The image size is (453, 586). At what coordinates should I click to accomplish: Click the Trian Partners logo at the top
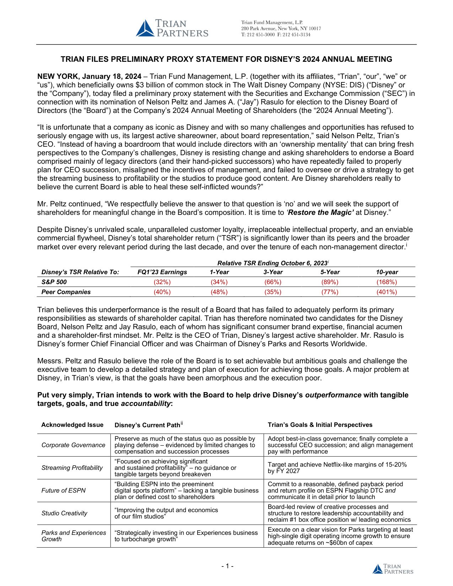pyautogui.click(x=172, y=28)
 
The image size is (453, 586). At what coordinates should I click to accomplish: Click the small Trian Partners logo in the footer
pyautogui.click(x=393, y=569)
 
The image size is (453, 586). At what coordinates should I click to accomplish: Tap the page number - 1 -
pyautogui.click(x=227, y=566)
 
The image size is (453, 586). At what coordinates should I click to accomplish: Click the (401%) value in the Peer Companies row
pyautogui.click(x=387, y=292)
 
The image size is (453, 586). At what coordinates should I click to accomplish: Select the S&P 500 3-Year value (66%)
pyautogui.click(x=273, y=282)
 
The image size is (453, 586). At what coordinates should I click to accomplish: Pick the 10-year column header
pyautogui.click(x=387, y=272)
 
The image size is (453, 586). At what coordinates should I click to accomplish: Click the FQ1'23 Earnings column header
pyautogui.click(x=162, y=272)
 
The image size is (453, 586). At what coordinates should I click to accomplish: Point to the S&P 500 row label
pyautogui.click(x=54, y=282)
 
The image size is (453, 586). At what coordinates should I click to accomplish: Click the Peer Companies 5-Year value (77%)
pyautogui.click(x=330, y=292)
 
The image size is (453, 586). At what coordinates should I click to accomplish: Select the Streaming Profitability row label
pyautogui.click(x=72, y=468)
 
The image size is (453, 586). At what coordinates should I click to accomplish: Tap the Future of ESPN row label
pyautogui.click(x=64, y=490)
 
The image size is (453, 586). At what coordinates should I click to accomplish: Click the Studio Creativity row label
pyautogui.click(x=64, y=513)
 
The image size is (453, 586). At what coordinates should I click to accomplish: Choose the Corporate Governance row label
pyautogui.click(x=73, y=445)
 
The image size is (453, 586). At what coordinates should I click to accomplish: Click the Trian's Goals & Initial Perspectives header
pyautogui.click(x=320, y=425)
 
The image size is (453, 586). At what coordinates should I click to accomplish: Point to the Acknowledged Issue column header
pyautogui.click(x=72, y=425)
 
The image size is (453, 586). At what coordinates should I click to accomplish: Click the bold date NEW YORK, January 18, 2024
pyautogui.click(x=89, y=76)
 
